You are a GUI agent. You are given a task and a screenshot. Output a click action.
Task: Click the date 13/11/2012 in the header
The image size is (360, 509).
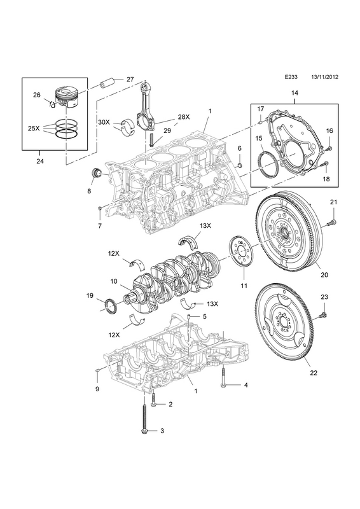pyautogui.click(x=324, y=87)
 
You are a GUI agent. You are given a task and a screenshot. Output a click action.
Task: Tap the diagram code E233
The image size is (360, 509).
pyautogui.click(x=291, y=87)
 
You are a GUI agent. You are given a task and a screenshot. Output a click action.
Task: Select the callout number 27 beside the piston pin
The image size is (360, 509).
pyautogui.click(x=130, y=79)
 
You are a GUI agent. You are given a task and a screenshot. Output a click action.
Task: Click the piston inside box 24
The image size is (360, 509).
pyautogui.click(x=67, y=97)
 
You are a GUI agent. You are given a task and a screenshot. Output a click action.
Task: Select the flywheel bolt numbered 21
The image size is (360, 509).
pyautogui.click(x=331, y=222)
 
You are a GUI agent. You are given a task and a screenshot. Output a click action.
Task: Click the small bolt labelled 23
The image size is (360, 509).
pyautogui.click(x=323, y=314)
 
